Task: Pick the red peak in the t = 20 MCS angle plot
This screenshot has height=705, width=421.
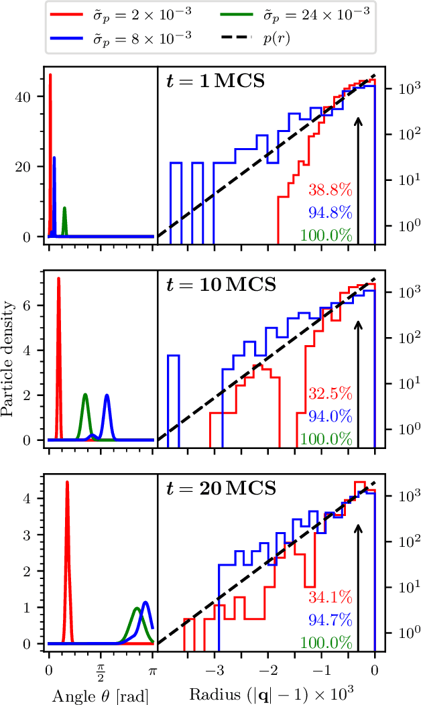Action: coord(67,483)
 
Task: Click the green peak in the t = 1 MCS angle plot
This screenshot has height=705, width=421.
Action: coord(64,208)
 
